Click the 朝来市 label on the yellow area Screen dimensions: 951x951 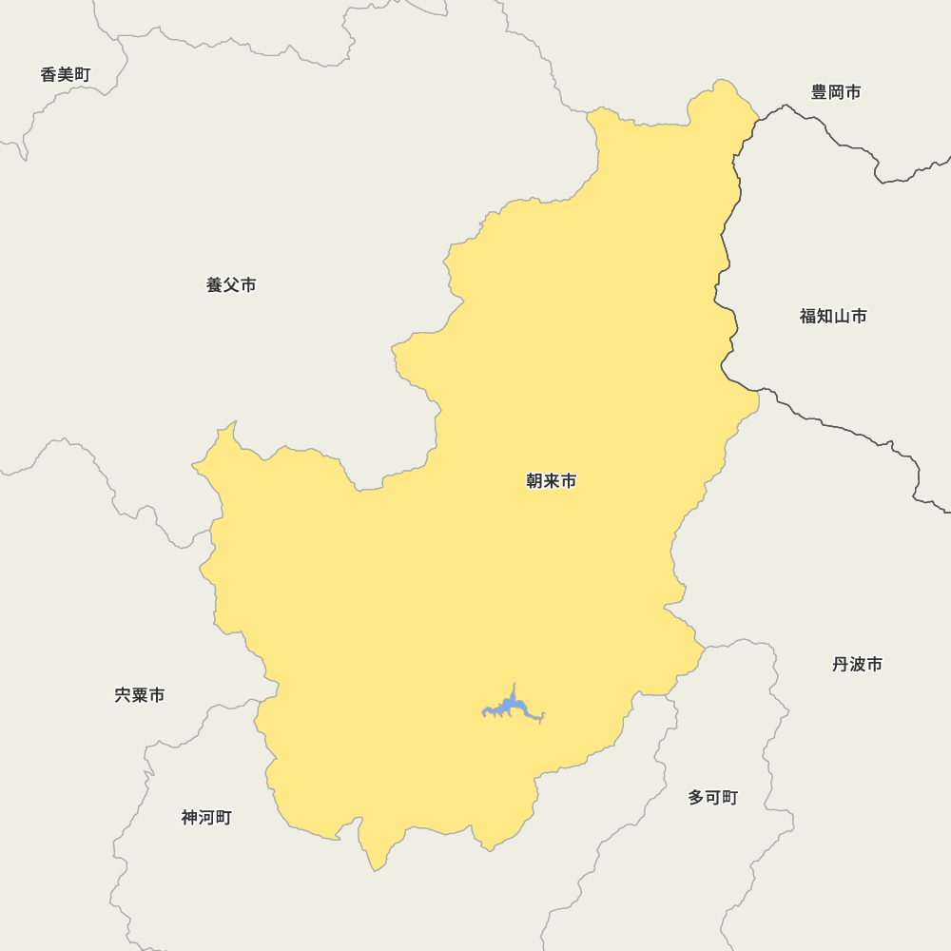pyautogui.click(x=552, y=481)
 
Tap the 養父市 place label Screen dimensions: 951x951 pyautogui.click(x=231, y=284)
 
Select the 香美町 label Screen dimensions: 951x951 pyautogui.click(x=66, y=74)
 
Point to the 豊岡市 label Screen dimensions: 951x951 pyautogui.click(x=836, y=92)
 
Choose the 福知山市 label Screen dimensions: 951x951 pyautogui.click(x=833, y=316)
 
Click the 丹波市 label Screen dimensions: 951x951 pyautogui.click(x=857, y=664)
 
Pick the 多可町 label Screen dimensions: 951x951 pyautogui.click(x=712, y=797)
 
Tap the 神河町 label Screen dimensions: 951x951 pyautogui.click(x=206, y=817)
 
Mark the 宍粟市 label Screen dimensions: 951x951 pyautogui.click(x=140, y=695)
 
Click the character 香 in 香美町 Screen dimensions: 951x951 pyautogui.click(x=49, y=74)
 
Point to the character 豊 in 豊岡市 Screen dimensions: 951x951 pyautogui.click(x=820, y=92)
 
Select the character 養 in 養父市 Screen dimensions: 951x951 pyautogui.click(x=215, y=284)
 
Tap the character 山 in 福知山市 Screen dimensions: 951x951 pyautogui.click(x=842, y=316)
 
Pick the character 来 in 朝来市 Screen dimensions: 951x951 pyautogui.click(x=552, y=481)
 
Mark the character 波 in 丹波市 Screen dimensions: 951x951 pyautogui.click(x=857, y=664)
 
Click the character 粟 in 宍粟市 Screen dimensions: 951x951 pyautogui.click(x=140, y=695)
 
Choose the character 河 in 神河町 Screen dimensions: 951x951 pyautogui.click(x=206, y=817)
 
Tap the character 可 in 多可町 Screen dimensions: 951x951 pyautogui.click(x=712, y=797)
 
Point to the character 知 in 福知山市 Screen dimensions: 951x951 pyautogui.click(x=825, y=316)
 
